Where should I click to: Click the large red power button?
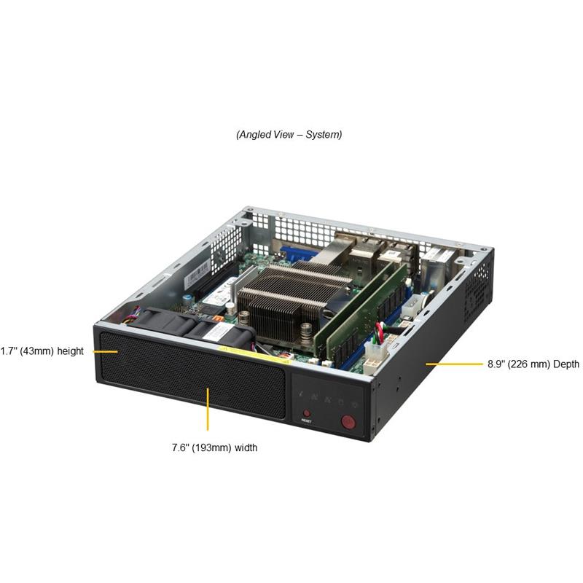[x=348, y=422]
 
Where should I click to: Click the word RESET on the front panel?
[x=307, y=421]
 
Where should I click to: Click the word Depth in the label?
[x=566, y=364]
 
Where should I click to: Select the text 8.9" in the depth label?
[x=496, y=364]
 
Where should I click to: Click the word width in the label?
[x=246, y=447]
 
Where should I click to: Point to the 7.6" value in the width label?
[x=181, y=447]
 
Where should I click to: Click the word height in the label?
[x=70, y=351]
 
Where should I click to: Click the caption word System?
[x=324, y=134]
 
